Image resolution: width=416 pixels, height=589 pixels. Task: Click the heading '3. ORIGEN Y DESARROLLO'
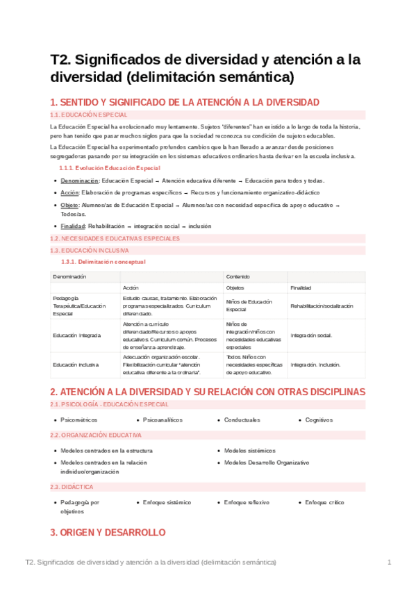pyautogui.click(x=108, y=533)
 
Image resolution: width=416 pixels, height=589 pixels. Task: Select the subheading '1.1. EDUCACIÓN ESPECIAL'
pyautogui.click(x=88, y=115)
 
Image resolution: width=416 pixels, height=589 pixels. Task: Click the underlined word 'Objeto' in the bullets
pyautogui.click(x=69, y=206)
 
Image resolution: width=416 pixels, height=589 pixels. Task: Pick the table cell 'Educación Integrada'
pyautogui.click(x=76, y=335)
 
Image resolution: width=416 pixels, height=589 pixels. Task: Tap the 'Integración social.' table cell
pyautogui.click(x=311, y=335)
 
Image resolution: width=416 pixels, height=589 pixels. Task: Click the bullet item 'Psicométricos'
pyautogui.click(x=79, y=420)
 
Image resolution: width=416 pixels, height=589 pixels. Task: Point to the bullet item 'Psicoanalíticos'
pyautogui.click(x=163, y=420)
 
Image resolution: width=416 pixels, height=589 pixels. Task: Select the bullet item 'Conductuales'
pyautogui.click(x=242, y=420)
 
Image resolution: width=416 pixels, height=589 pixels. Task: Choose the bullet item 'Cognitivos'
pyautogui.click(x=319, y=420)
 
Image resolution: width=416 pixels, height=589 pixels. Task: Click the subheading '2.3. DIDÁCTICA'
pyautogui.click(x=72, y=487)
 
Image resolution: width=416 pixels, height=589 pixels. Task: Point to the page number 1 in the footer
pyautogui.click(x=390, y=561)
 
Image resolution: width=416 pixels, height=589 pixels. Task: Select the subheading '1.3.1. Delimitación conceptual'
pyautogui.click(x=103, y=262)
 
